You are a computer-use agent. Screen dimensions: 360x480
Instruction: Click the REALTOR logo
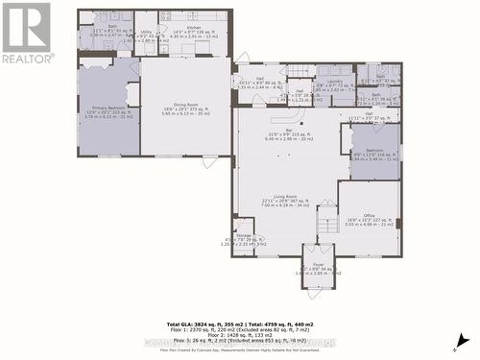point(26,34)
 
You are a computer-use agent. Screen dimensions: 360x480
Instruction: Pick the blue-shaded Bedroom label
point(374,153)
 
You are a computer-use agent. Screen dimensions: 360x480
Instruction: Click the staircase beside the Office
point(328,223)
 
